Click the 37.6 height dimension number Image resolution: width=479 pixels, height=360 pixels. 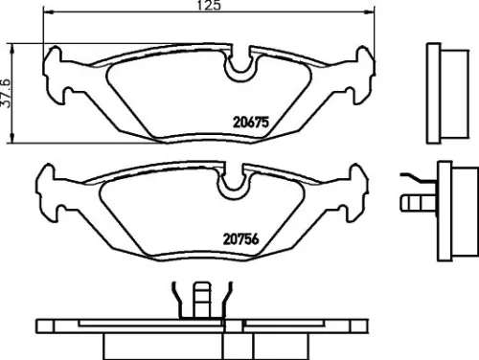click(x=9, y=93)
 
